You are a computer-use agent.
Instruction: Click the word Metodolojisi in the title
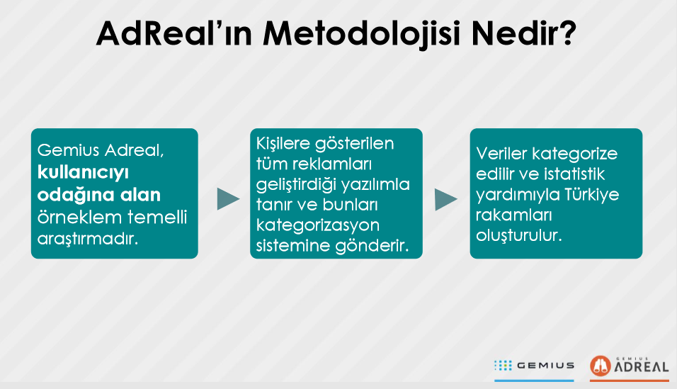(x=363, y=34)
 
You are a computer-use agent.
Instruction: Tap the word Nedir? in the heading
(x=524, y=33)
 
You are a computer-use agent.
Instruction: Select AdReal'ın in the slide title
(x=174, y=33)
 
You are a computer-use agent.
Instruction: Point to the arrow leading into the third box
(x=446, y=199)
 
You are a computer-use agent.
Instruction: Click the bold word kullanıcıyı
(x=83, y=172)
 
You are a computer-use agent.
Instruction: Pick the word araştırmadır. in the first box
(x=88, y=239)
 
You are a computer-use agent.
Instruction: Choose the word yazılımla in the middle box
(x=375, y=185)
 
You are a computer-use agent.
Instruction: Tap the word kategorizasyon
(x=318, y=225)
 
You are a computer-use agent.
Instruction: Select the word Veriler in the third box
(x=501, y=154)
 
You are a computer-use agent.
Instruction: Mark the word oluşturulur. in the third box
(x=519, y=235)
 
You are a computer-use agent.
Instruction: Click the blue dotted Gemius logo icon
(x=503, y=366)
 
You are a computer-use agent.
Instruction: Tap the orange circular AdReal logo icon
(x=601, y=366)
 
